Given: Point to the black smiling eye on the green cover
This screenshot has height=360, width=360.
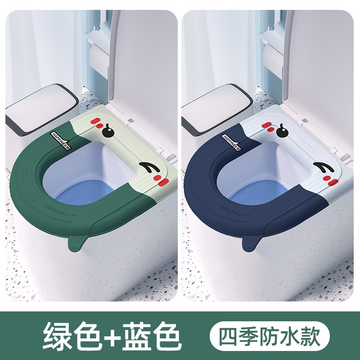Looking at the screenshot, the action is click(149, 167).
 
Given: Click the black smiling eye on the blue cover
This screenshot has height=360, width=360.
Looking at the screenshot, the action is click(324, 167).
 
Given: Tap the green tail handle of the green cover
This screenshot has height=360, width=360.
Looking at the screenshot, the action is click(76, 243).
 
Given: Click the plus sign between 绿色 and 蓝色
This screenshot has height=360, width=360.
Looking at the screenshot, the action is click(112, 337).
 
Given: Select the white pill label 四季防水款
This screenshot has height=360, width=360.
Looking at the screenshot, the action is click(270, 336).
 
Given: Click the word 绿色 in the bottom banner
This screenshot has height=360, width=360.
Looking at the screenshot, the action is click(72, 336).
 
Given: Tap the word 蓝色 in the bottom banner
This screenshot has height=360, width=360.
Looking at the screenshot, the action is click(152, 336).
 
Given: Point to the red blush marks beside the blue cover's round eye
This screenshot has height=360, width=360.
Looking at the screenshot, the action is click(268, 126).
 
